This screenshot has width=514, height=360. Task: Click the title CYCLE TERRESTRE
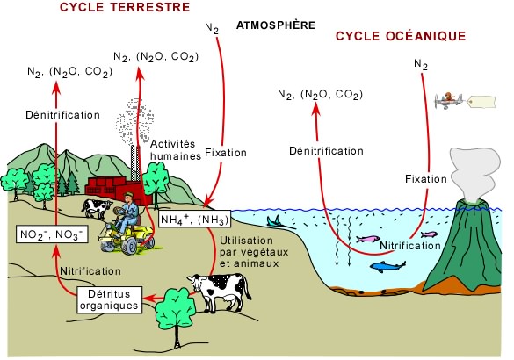point(125,7)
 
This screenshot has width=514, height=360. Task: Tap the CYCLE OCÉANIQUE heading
point(401,36)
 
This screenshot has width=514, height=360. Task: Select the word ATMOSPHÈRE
point(276,25)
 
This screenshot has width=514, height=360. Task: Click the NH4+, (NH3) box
point(194,220)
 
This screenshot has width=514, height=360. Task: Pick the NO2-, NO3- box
point(52,234)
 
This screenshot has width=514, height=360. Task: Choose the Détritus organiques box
point(110,299)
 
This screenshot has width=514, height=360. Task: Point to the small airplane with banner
point(465,101)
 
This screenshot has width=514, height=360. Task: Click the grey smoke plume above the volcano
point(474,173)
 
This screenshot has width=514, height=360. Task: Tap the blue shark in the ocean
point(387,266)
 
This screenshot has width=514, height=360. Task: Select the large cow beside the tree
point(221,292)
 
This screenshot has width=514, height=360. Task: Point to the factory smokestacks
point(135,162)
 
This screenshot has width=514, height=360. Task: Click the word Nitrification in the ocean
point(410,246)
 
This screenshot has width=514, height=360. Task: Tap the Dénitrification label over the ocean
point(326,151)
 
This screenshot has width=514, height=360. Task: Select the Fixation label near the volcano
point(426,179)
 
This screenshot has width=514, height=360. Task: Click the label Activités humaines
point(176,150)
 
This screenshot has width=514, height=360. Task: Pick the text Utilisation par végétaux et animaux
point(254,252)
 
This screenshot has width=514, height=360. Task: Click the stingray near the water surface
point(279,222)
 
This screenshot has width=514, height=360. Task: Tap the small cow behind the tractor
point(96,208)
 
